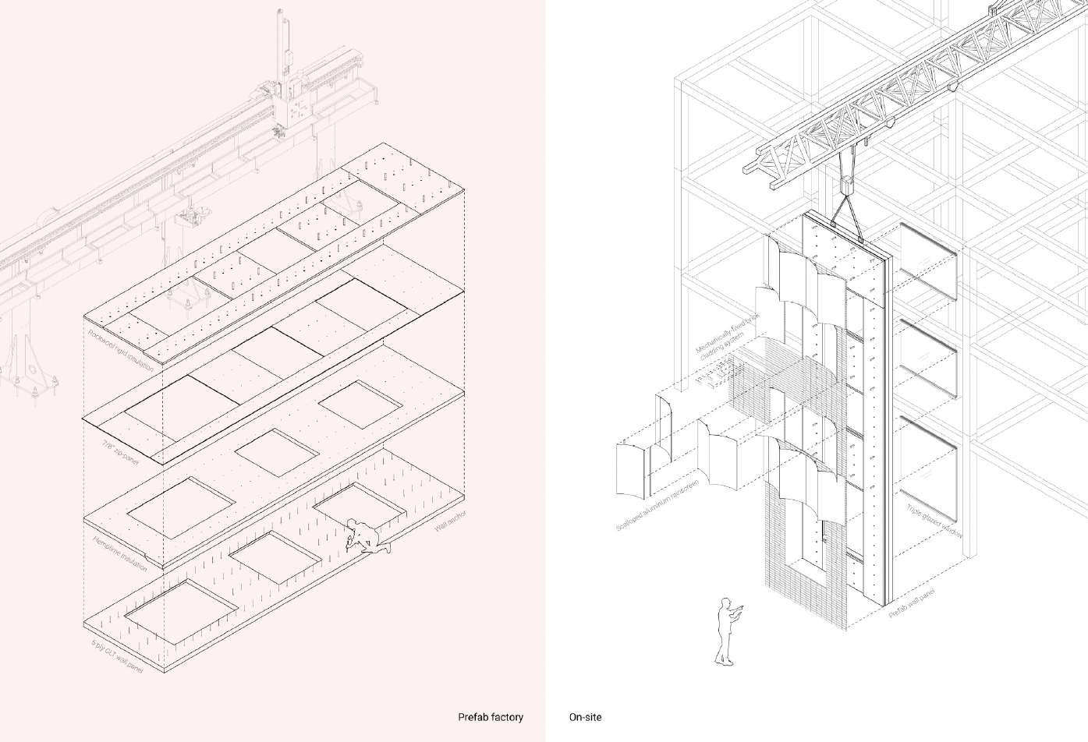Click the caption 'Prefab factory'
(x=490, y=717)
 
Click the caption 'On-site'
(x=586, y=717)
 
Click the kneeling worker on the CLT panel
(x=364, y=537)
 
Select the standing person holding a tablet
(x=727, y=632)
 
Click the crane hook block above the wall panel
(x=848, y=188)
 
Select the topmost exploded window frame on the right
(x=928, y=261)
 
